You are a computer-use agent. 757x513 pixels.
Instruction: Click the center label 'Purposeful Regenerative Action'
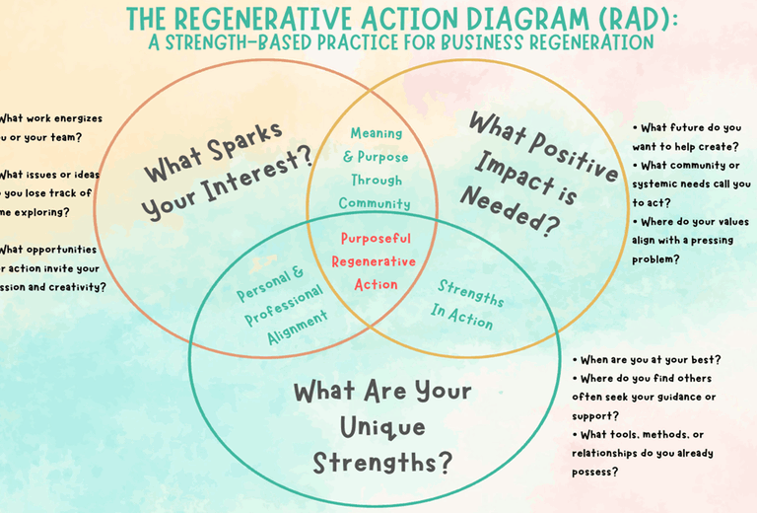(374, 261)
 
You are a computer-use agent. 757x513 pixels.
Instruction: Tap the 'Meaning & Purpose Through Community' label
(375, 169)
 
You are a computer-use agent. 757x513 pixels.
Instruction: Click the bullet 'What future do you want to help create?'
(687, 136)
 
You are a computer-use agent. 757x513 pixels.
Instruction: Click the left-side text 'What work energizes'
(51, 118)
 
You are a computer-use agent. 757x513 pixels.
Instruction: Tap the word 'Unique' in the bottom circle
(382, 427)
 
